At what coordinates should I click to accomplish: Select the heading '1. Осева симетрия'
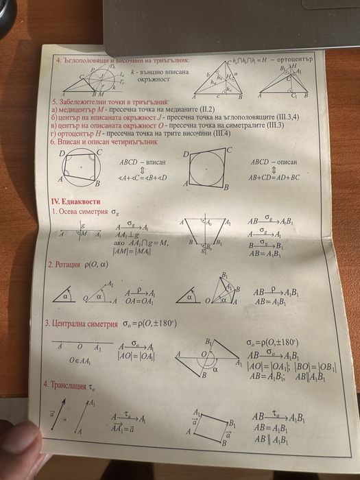[82, 213]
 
